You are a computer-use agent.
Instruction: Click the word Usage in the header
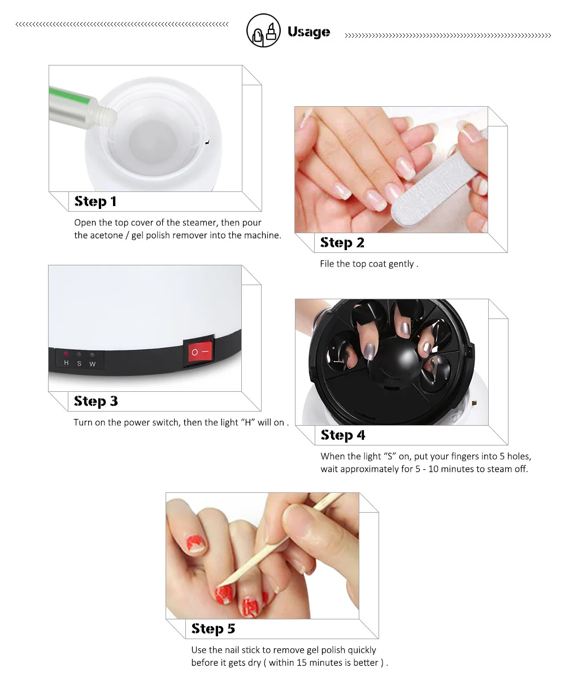tap(308, 32)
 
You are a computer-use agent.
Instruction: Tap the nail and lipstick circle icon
tap(263, 30)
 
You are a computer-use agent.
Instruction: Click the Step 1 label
tap(95, 202)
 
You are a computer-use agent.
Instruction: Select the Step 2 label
tap(342, 243)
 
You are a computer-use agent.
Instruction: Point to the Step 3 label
tap(95, 401)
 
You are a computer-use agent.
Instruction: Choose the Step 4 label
tap(342, 435)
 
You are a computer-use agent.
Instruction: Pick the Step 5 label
tap(213, 629)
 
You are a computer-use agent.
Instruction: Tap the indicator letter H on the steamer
tap(66, 364)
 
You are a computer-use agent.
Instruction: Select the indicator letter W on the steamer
tap(92, 364)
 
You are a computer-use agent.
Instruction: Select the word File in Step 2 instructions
tap(327, 264)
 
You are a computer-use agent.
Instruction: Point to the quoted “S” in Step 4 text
tap(388, 457)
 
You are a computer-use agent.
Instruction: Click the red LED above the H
tap(66, 354)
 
